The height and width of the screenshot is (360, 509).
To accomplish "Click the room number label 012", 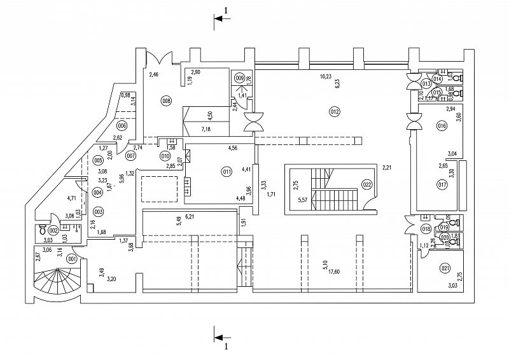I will tap(335, 111).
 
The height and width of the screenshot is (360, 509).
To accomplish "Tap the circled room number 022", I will tap(367, 185).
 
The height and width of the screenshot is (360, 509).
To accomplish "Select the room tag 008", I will tap(166, 100).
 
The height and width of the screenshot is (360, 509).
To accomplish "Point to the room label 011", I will tap(226, 170).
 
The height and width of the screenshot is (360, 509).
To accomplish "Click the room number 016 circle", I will tap(442, 126).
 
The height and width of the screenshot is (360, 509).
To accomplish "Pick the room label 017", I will tap(441, 184).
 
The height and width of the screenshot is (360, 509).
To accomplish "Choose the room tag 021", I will tap(445, 268).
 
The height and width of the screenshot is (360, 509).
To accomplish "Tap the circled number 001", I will tap(72, 259).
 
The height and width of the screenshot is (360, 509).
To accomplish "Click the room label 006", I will tap(122, 125).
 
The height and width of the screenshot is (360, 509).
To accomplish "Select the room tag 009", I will tap(239, 78).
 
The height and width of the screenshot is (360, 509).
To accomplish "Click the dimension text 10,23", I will tap(326, 76).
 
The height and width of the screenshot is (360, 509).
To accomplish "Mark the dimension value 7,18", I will tap(206, 129).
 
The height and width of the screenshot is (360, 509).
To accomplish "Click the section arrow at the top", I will tap(220, 19).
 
